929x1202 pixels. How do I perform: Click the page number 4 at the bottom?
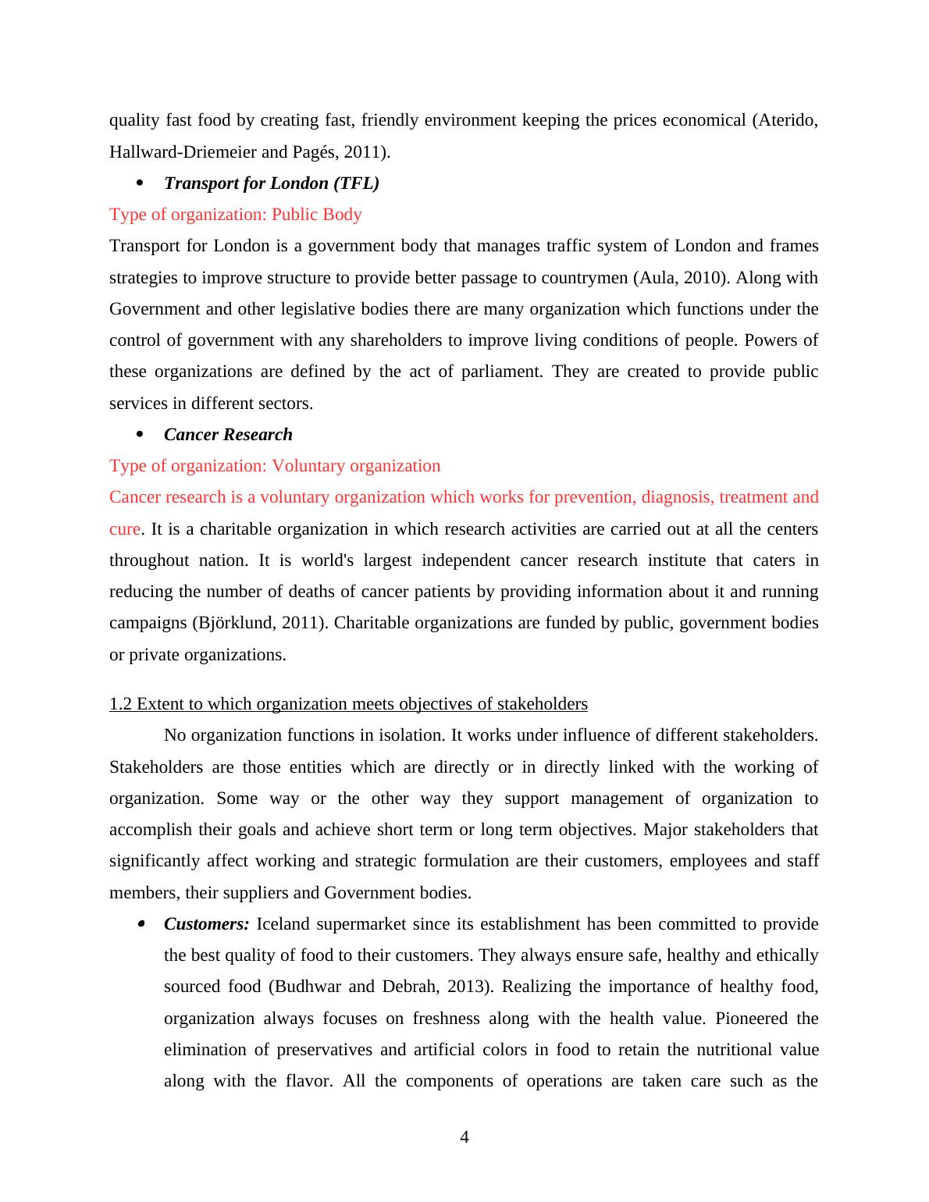click(464, 1137)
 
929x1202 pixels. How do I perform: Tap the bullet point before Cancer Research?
click(141, 434)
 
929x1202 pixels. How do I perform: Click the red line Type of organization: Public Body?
click(235, 215)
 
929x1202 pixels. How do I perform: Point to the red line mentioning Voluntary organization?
click(275, 466)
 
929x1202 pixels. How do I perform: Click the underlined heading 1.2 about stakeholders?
click(348, 704)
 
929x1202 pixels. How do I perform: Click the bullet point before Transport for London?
click(141, 183)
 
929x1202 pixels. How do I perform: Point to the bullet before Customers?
click(141, 924)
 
